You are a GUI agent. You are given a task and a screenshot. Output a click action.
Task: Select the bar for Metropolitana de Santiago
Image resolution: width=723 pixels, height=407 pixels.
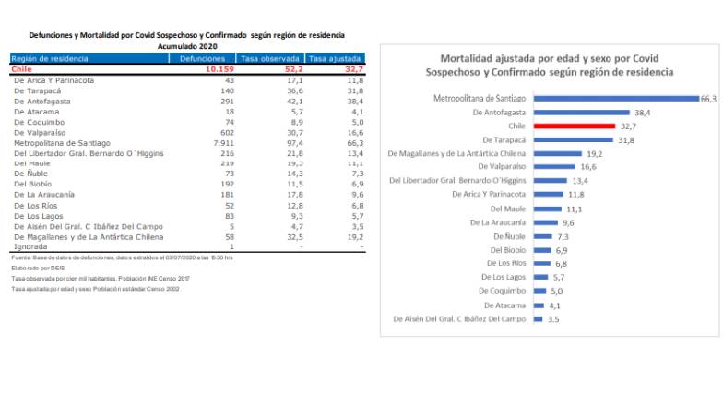tap(616, 98)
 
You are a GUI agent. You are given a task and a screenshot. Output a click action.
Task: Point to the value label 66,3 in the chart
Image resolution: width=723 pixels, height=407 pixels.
tap(708, 98)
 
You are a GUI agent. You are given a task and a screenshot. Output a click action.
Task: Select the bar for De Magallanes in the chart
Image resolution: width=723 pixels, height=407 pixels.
tap(558, 153)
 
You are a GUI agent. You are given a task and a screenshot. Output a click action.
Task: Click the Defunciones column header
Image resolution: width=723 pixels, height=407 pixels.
tap(201, 58)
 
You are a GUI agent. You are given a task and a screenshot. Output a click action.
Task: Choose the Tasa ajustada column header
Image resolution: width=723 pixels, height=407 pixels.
tap(336, 58)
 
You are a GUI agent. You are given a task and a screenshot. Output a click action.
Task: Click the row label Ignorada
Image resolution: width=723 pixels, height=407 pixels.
tap(30, 247)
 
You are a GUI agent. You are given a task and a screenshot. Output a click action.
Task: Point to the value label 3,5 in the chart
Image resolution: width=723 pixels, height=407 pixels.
tap(553, 319)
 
